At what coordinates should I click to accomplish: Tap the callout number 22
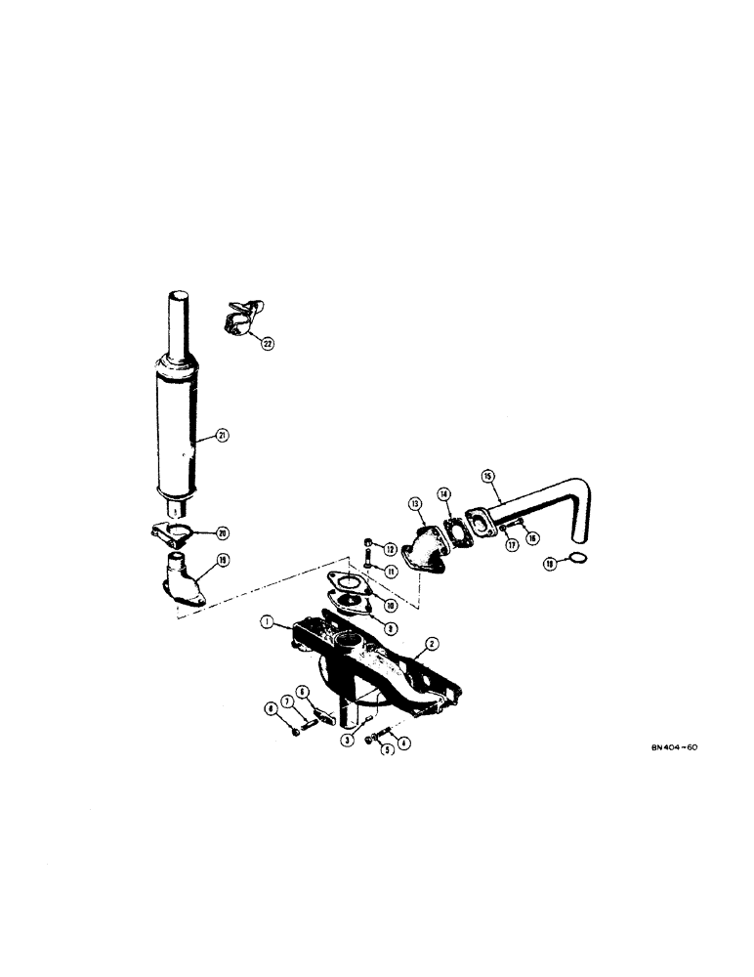(x=265, y=342)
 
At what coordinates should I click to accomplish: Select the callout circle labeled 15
(x=489, y=476)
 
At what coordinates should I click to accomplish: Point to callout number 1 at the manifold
(x=267, y=620)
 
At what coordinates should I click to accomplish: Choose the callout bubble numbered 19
(x=223, y=561)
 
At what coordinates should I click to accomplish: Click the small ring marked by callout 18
(x=577, y=558)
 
